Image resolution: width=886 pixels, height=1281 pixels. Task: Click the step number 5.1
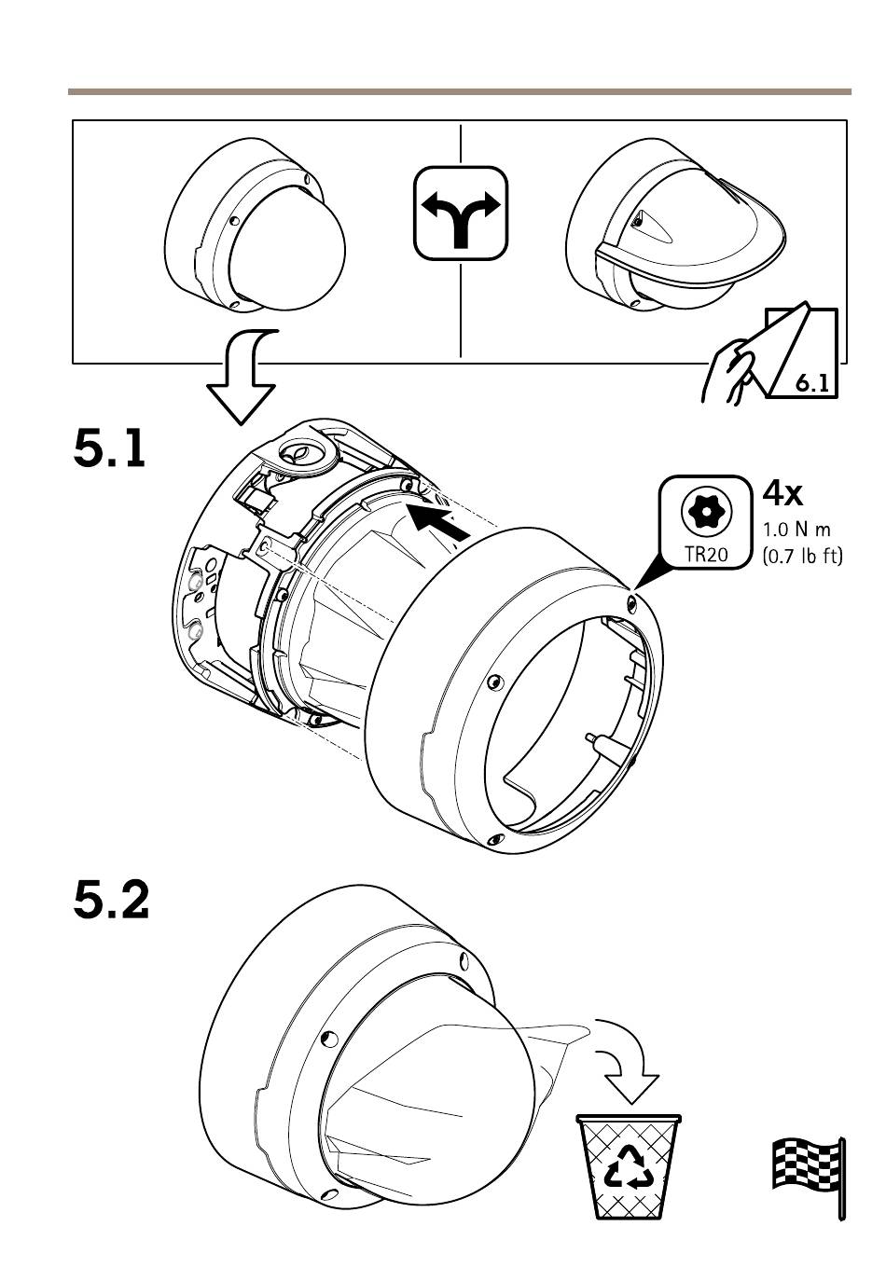(109, 449)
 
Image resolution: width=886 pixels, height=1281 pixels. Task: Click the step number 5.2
(111, 899)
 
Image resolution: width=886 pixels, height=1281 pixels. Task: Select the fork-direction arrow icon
(461, 213)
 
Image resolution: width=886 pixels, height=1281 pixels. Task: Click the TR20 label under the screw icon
(706, 554)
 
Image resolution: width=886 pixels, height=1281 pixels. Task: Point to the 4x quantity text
(782, 493)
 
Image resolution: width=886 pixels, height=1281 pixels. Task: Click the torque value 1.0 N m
(796, 530)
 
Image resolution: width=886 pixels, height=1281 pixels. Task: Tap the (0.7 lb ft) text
(802, 556)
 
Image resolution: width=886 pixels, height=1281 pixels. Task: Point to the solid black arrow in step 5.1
(439, 521)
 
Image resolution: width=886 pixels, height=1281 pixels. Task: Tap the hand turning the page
(732, 370)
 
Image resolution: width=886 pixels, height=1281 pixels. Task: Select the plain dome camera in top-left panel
(255, 225)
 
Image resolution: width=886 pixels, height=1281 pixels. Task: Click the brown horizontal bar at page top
(459, 91)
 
